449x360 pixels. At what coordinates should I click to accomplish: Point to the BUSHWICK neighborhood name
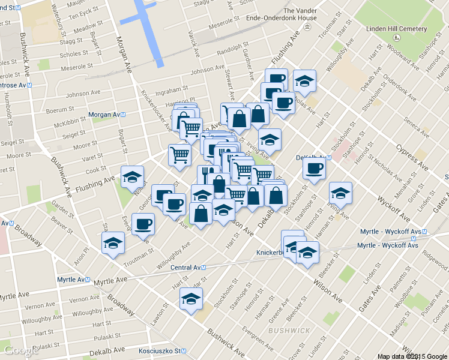pyautogui.click(x=289, y=331)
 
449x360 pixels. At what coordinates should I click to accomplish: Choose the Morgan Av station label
pyautogui.click(x=106, y=114)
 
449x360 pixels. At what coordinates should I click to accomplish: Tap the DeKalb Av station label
pyautogui.click(x=313, y=158)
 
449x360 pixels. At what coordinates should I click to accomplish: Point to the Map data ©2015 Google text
pyautogui.click(x=412, y=356)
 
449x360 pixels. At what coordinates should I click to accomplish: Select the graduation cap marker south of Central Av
pyautogui.click(x=191, y=298)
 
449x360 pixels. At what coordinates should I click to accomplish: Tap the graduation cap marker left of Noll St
pyautogui.click(x=132, y=176)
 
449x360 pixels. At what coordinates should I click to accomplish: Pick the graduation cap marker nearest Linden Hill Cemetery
pyautogui.click(x=304, y=80)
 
